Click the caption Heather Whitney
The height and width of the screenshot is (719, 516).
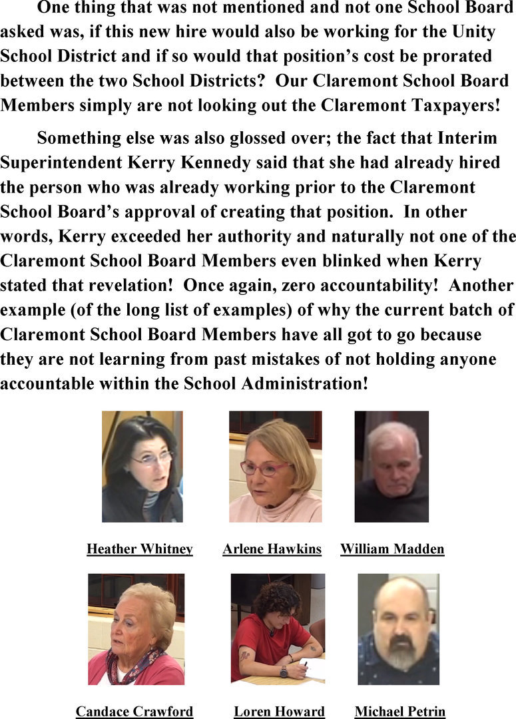(140, 549)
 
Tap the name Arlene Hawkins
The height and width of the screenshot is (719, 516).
(272, 549)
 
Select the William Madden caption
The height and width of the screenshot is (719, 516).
(392, 549)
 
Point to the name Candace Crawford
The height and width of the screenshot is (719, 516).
(134, 712)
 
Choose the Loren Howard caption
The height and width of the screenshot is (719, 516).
(279, 712)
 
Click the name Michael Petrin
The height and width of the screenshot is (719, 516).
(399, 712)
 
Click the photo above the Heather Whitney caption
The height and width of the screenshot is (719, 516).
(142, 466)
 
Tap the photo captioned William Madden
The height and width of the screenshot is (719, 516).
(391, 466)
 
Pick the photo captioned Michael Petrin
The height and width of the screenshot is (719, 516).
(398, 629)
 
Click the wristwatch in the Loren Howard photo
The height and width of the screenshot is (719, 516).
(284, 671)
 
